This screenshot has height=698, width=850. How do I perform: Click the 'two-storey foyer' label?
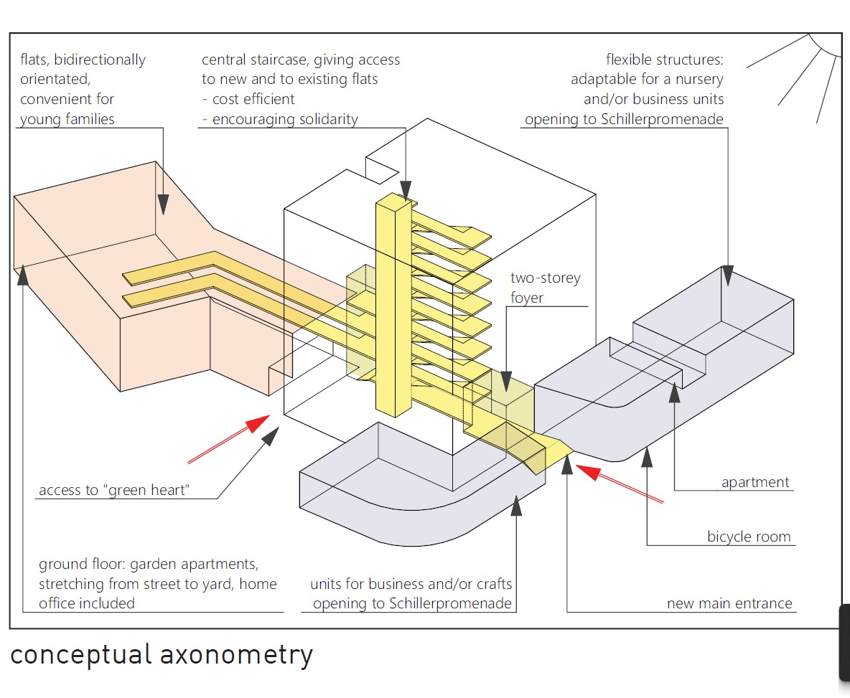(x=545, y=287)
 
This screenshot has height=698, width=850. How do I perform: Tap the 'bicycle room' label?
(x=748, y=537)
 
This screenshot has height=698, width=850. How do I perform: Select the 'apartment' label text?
(x=755, y=483)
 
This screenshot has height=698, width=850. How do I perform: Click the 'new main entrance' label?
(x=729, y=603)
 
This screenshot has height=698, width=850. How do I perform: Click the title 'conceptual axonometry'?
(x=162, y=655)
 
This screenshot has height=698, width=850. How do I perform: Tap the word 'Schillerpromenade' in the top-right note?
(x=663, y=119)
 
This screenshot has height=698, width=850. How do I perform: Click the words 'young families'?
(x=67, y=119)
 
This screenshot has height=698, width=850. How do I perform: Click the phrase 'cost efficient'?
(x=253, y=99)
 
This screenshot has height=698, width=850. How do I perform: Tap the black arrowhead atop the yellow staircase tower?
(x=406, y=190)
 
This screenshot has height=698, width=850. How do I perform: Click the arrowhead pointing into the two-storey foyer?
(x=505, y=381)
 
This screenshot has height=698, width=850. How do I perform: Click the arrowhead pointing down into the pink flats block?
(x=164, y=204)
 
